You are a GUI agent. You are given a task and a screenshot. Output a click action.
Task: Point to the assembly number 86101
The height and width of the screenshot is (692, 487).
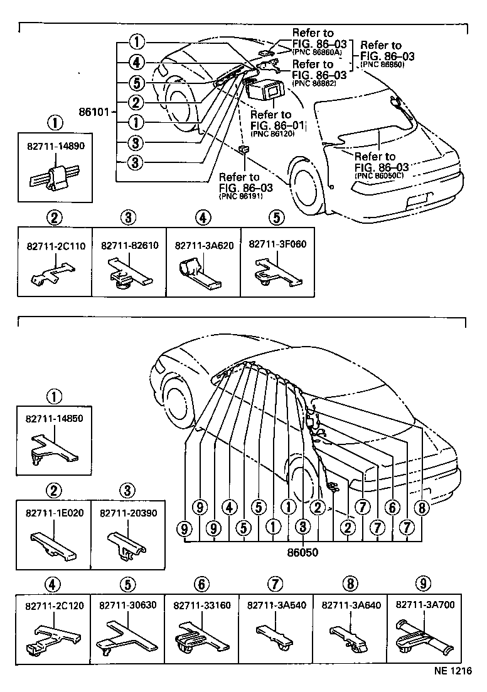click(x=95, y=113)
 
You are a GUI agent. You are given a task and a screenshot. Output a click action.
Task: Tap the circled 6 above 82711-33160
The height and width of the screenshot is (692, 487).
click(x=201, y=584)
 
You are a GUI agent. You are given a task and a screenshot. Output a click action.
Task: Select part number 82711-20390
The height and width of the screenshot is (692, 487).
click(x=128, y=512)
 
